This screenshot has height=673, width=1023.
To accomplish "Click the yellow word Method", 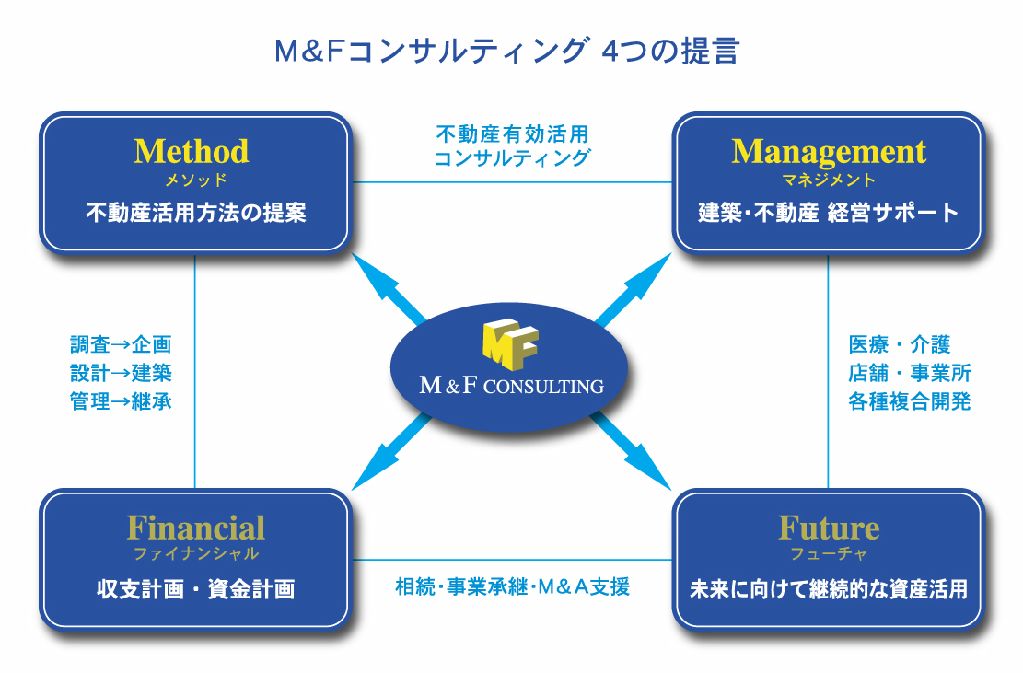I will click(192, 151).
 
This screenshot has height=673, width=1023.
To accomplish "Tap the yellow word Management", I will click(828, 151).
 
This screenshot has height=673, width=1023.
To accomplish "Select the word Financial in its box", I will click(195, 528).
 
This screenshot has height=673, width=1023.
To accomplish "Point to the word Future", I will click(828, 528).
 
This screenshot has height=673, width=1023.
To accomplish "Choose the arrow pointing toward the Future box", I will click(635, 452).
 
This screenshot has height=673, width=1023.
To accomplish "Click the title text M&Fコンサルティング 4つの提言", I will click(506, 51).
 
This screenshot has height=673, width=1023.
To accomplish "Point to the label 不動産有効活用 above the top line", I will click(511, 134).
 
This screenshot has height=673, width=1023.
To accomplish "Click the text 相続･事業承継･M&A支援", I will click(512, 586).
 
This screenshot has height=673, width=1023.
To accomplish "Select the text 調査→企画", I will click(121, 345).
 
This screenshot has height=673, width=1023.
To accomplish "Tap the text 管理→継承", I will click(121, 401).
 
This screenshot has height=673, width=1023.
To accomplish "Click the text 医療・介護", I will click(899, 345).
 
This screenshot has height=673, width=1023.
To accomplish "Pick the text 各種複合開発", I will click(909, 401).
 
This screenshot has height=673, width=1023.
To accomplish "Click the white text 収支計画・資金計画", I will click(195, 589).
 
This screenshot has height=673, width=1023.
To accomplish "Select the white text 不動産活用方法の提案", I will click(195, 214).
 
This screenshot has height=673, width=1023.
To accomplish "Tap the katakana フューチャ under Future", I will click(828, 554).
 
